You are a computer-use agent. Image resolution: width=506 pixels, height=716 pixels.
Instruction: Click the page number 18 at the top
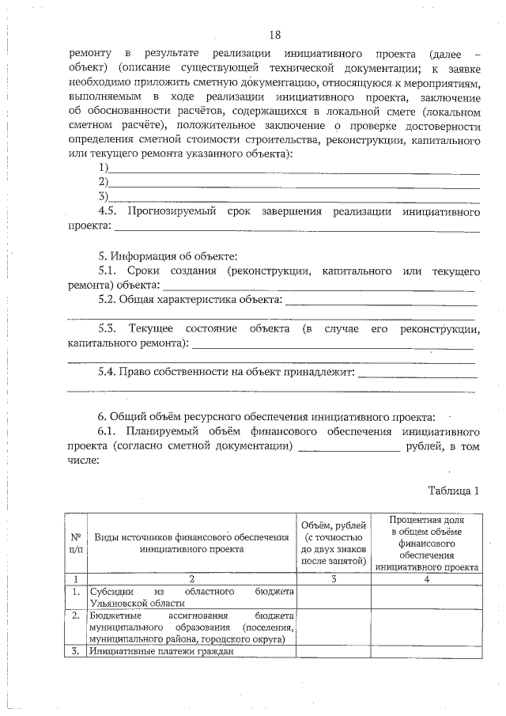pos(274,35)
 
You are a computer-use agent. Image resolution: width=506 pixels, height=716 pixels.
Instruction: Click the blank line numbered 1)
pos(294,170)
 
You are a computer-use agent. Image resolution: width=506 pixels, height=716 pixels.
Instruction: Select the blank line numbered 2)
pos(294,184)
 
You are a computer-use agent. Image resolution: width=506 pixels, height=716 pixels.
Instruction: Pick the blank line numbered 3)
pos(294,199)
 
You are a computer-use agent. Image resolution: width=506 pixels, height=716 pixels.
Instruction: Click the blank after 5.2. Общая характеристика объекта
pos(380,301)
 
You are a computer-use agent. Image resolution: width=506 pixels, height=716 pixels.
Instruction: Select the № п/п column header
pos(75,541)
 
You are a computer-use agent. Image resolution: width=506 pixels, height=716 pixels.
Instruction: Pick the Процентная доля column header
pos(427,542)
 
